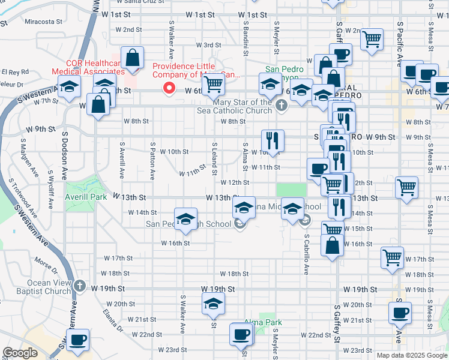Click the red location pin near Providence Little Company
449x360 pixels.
point(170,89)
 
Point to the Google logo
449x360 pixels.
point(21,352)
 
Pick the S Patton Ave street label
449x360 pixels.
point(153,161)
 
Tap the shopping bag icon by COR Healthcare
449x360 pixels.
point(133,58)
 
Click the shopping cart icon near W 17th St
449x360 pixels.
point(392,258)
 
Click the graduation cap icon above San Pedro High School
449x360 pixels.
point(186,218)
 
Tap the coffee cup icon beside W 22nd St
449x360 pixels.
point(241,334)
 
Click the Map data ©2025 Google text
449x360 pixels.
point(411,355)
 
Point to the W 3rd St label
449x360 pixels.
point(212,45)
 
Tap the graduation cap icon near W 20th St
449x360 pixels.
point(212,304)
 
